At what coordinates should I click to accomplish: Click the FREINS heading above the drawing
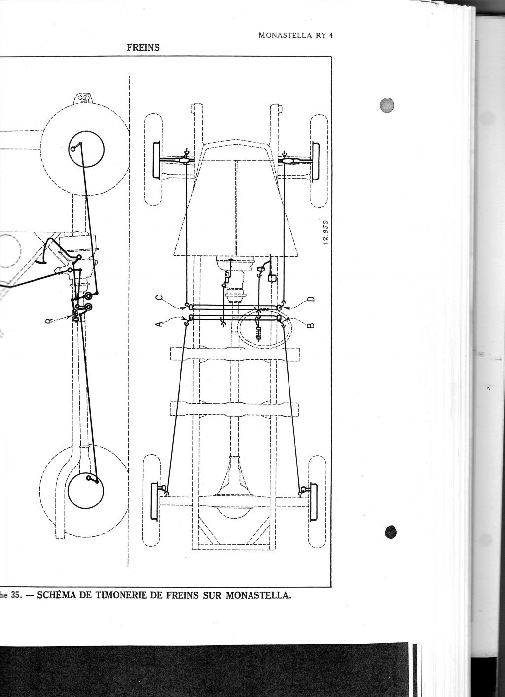click(143, 47)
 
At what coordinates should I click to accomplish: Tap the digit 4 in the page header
click(331, 35)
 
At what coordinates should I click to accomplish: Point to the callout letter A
click(159, 324)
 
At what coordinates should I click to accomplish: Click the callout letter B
click(311, 325)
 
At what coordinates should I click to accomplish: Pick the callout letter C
click(159, 298)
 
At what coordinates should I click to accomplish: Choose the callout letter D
click(311, 299)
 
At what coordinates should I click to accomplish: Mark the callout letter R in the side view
click(49, 321)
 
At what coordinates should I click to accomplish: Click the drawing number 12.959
click(325, 232)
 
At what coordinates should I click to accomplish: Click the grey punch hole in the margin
click(387, 105)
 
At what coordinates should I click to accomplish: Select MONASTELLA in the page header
click(285, 35)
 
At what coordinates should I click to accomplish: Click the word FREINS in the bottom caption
click(180, 378)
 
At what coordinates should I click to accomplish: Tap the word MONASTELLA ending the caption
click(258, 378)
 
